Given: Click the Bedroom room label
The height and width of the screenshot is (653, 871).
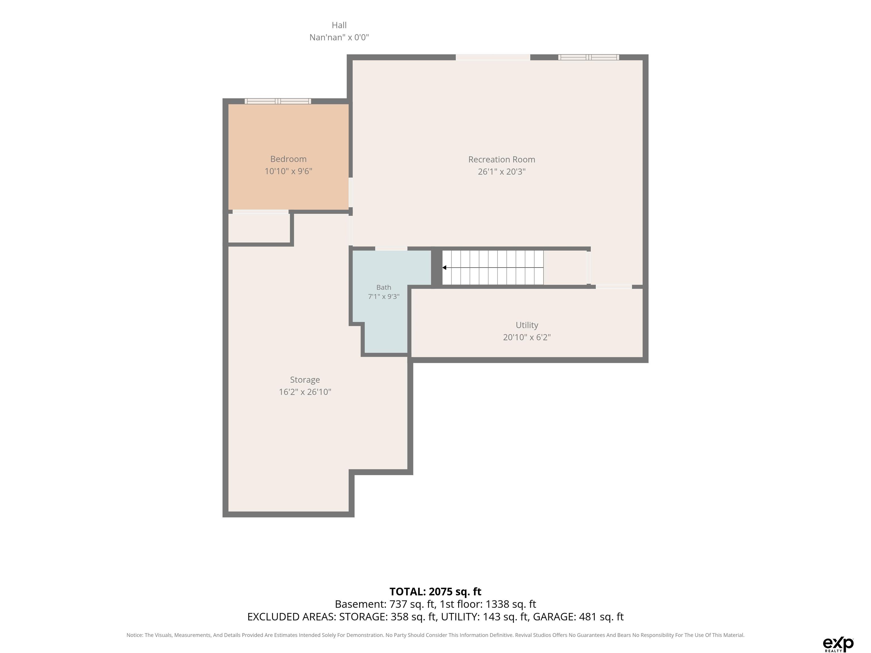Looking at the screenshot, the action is click(x=288, y=159).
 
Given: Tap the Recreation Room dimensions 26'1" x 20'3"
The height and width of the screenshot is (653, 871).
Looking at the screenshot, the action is click(x=502, y=172).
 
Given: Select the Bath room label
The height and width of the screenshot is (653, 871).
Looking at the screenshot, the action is click(x=384, y=287).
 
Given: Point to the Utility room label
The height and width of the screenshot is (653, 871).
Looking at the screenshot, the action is click(x=527, y=325).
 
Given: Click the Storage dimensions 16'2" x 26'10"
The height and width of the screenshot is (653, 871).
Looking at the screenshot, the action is click(x=305, y=392).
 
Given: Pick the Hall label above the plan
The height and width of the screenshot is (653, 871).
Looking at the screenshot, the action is click(x=339, y=25).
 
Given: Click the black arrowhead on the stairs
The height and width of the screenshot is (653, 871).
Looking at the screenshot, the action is click(x=444, y=268).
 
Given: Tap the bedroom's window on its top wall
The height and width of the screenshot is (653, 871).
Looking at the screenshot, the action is click(x=278, y=101).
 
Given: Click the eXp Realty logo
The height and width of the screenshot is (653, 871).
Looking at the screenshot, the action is click(x=838, y=644).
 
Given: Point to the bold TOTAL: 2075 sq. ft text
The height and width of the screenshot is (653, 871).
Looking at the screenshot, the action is click(x=435, y=591).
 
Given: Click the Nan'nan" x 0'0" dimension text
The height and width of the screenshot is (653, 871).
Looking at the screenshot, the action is click(x=339, y=37).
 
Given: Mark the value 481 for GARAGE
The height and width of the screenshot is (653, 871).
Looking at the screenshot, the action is click(x=587, y=617).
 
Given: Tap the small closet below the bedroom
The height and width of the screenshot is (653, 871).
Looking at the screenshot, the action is click(x=259, y=228).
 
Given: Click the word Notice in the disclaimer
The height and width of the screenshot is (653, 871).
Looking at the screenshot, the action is click(x=135, y=635).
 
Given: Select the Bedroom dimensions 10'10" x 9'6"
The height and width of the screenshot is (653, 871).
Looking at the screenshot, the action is click(x=288, y=171).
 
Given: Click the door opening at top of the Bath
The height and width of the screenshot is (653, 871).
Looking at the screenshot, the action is click(x=391, y=248).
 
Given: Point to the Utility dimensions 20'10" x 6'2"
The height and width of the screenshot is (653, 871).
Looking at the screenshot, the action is click(x=527, y=337).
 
